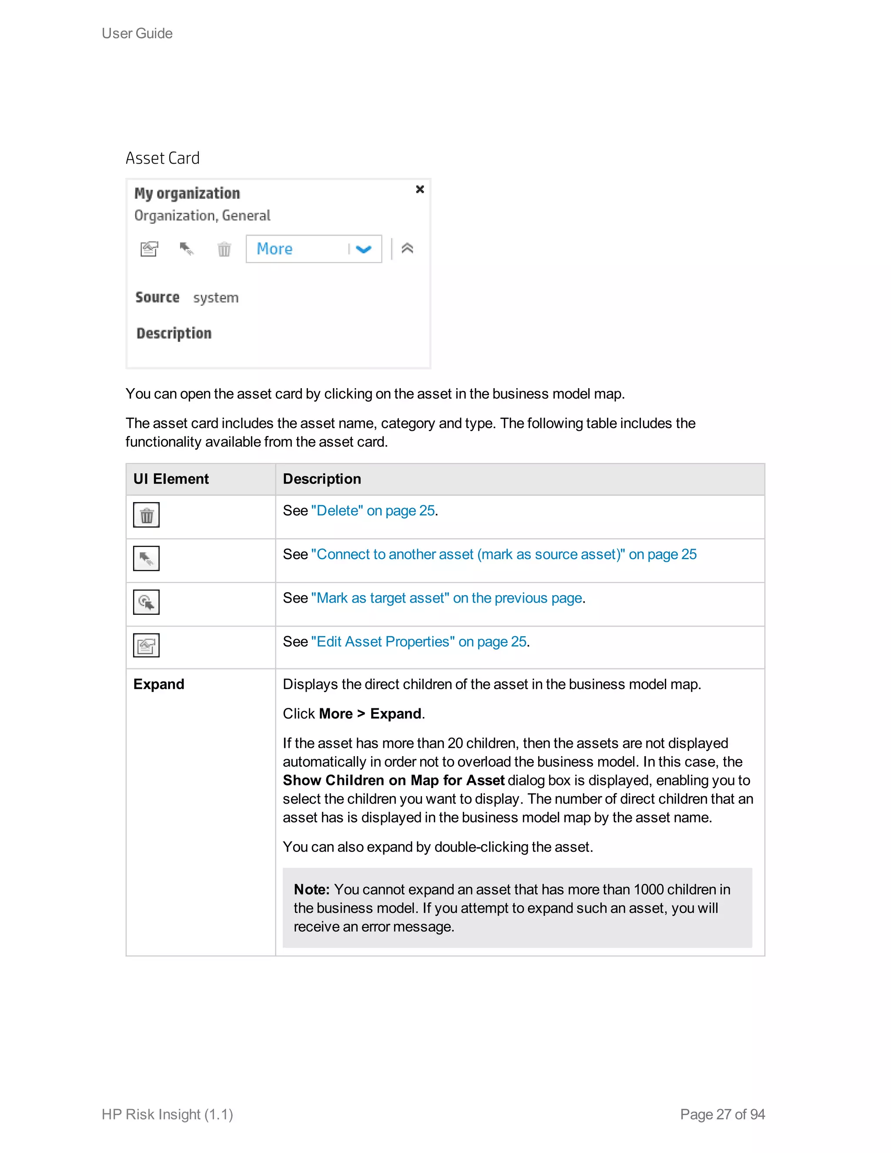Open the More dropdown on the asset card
tap(314, 248)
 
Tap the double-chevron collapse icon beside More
tap(407, 248)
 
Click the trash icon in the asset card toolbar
tap(224, 248)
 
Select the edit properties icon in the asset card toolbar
tap(149, 248)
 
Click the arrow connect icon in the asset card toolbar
tap(186, 248)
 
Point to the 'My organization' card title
tap(187, 194)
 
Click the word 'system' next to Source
tap(215, 298)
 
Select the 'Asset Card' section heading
tap(163, 158)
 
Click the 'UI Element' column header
tap(171, 479)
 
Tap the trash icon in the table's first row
tap(146, 515)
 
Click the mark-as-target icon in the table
tap(146, 602)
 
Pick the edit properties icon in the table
tap(146, 645)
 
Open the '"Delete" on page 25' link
tap(373, 510)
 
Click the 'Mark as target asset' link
tap(446, 598)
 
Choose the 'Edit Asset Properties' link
tap(419, 641)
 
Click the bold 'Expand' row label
tap(159, 684)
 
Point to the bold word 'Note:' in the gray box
tap(312, 890)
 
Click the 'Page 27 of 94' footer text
tap(722, 1114)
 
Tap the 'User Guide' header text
tap(137, 33)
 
